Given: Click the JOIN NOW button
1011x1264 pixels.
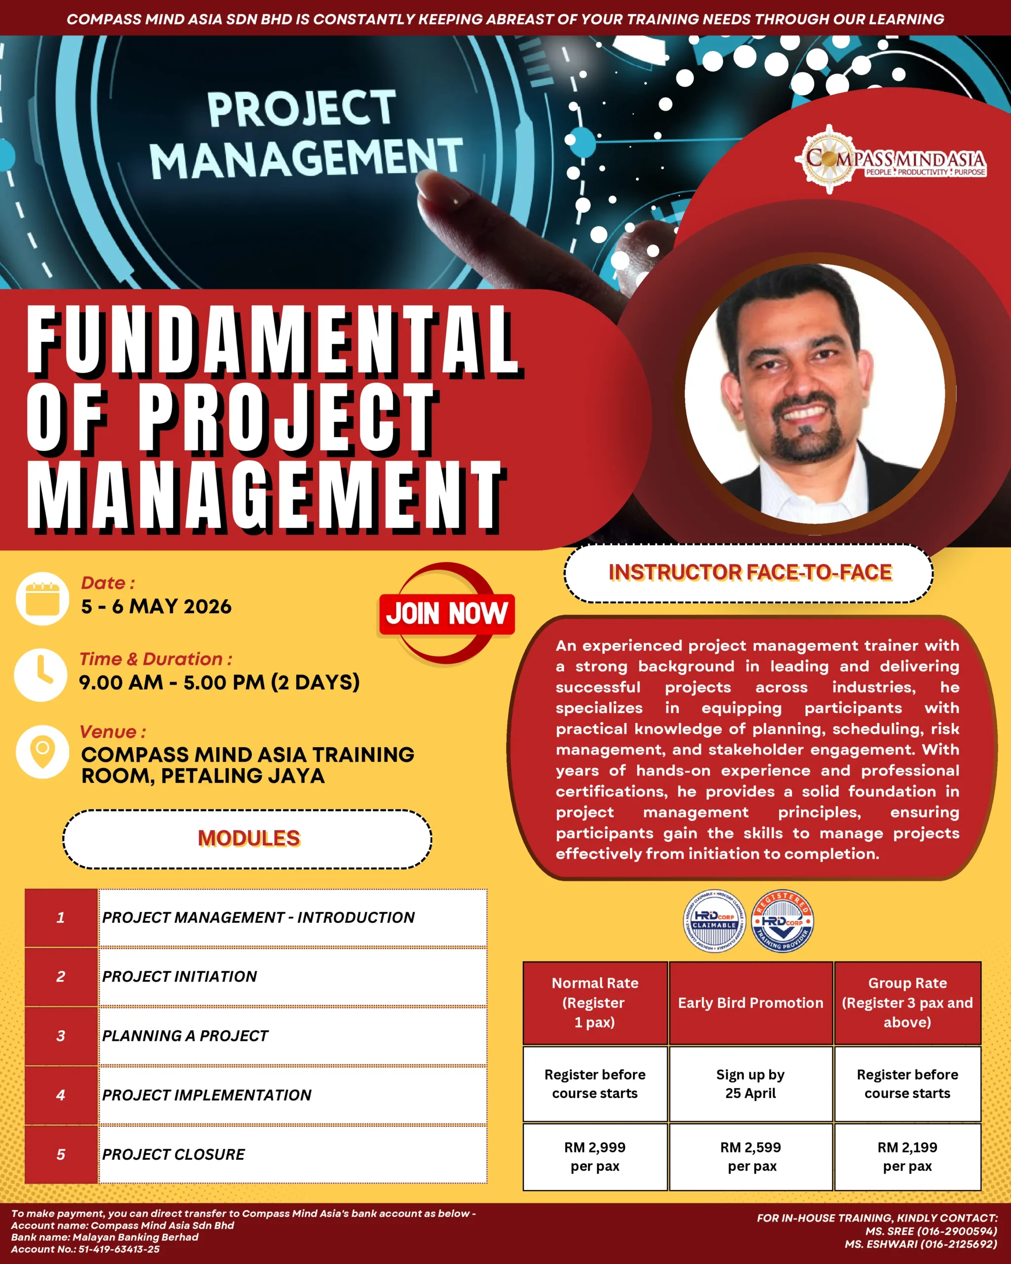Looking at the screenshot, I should [x=447, y=614].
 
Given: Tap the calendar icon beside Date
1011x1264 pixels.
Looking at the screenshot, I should [x=42, y=598].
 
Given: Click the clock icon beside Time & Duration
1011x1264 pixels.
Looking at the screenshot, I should [x=40, y=675].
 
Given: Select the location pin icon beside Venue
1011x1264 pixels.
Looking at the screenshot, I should [x=42, y=751].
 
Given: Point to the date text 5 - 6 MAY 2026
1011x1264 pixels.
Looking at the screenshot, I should [x=156, y=606].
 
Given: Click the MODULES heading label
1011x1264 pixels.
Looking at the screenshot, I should [x=248, y=838].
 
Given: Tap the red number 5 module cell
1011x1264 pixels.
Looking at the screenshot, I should [x=61, y=1154].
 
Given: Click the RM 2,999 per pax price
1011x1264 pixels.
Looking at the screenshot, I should [x=595, y=1156].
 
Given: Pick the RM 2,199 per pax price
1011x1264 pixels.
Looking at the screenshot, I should [x=907, y=1156].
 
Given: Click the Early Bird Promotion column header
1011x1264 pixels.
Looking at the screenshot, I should [x=751, y=1002].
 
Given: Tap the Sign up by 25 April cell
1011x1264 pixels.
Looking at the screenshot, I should [x=751, y=1083].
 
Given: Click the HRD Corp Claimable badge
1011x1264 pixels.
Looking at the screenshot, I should [x=714, y=921].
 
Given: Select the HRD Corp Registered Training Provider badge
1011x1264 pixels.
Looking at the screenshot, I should [x=782, y=921].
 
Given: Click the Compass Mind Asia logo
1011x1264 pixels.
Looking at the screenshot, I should [x=891, y=159].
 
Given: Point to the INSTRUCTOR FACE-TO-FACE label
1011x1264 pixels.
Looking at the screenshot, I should [x=750, y=572].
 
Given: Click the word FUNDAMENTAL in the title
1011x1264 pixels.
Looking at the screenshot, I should [x=273, y=340].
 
